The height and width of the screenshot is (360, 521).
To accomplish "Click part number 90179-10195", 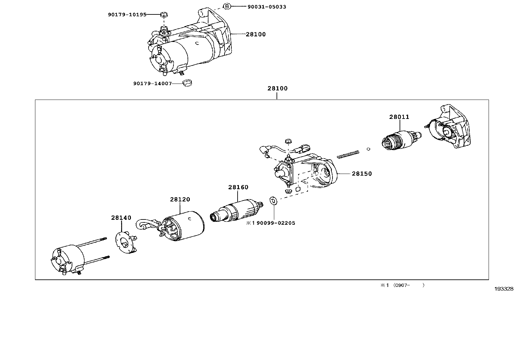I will [127, 14].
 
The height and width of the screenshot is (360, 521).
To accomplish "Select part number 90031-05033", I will [267, 7].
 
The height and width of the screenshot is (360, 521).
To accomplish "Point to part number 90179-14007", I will [152, 84].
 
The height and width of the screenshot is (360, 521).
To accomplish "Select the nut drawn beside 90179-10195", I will [163, 14].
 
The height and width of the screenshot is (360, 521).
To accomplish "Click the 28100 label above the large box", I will [277, 88].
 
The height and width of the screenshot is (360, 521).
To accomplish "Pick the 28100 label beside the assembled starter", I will [256, 34].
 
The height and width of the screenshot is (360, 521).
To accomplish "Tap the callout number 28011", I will [399, 117].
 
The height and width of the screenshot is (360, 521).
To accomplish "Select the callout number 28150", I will [362, 174].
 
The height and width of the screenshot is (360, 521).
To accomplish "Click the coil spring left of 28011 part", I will [348, 154].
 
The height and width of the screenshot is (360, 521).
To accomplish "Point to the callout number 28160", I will [238, 187].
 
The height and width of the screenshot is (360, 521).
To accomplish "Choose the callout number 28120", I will [180, 199].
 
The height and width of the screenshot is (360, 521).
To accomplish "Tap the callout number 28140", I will [121, 218].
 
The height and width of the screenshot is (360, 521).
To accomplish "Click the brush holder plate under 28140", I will [126, 243].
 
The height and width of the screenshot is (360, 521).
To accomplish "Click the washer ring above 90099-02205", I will [273, 200].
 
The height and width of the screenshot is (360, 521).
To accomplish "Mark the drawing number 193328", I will [504, 289].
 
